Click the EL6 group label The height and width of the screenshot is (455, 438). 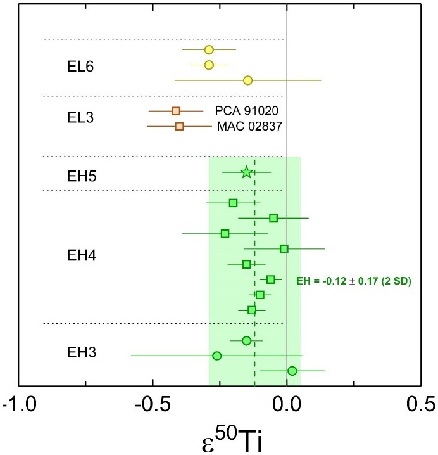[80, 67]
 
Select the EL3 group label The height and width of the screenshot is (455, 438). [80, 117]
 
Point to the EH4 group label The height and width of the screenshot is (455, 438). [80, 255]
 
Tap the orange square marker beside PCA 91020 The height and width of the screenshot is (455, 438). [177, 111]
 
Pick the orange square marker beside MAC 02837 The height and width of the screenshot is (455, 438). [179, 126]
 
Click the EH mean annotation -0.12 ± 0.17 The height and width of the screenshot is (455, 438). [354, 280]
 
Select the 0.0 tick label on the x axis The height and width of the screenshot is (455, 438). [287, 403]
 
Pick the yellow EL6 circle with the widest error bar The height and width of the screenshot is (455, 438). [248, 80]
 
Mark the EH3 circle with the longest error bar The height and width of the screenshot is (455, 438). [217, 356]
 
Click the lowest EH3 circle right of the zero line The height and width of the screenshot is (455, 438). [292, 371]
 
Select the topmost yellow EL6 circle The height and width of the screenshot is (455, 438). [209, 49]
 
